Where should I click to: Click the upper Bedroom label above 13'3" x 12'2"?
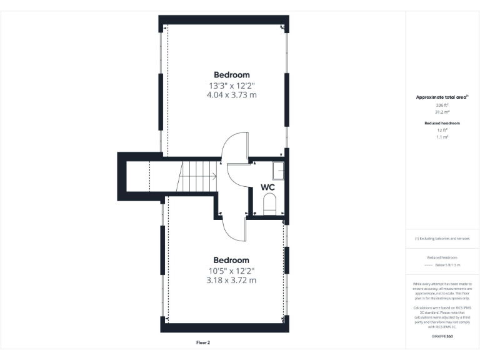231,75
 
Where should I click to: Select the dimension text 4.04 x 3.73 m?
231,95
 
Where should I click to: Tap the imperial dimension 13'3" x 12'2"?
231,85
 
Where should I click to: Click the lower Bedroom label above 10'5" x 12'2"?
231,260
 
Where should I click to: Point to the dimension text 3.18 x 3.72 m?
231,280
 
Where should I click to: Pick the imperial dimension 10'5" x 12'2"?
231,270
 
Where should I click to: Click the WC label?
267,187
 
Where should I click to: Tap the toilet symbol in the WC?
270,204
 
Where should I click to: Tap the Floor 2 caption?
203,342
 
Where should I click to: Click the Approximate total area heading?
442,97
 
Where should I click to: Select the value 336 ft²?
442,106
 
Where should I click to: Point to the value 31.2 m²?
442,112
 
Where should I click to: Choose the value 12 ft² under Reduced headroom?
442,130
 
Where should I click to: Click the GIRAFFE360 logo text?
442,336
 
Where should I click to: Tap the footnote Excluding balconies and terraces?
442,239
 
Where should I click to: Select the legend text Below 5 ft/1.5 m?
447,265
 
